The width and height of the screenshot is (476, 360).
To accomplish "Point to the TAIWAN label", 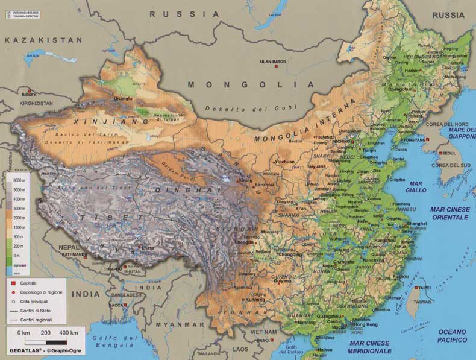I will (424, 302).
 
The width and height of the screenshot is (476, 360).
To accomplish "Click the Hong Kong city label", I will (365, 324).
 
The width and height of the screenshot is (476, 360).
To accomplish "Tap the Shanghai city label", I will (417, 223).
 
